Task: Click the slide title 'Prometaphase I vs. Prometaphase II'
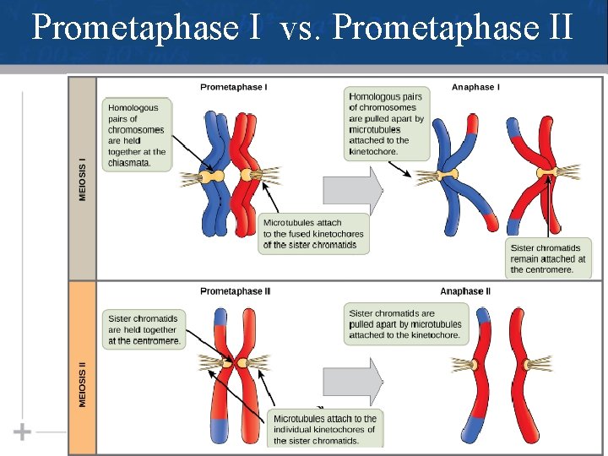[x=303, y=28]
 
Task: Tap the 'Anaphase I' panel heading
[x=475, y=87]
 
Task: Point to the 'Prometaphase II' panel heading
[x=235, y=291]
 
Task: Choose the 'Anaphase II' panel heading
[x=465, y=291]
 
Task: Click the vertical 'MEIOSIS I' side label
[x=82, y=178]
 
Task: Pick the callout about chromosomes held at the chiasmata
[x=138, y=135]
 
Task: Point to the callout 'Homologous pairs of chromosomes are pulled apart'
[x=387, y=123]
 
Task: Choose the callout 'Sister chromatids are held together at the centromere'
[x=144, y=329]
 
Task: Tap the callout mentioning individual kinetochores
[x=324, y=429]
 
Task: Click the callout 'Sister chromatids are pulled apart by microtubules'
[x=405, y=324]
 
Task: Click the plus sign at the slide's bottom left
[x=23, y=432]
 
